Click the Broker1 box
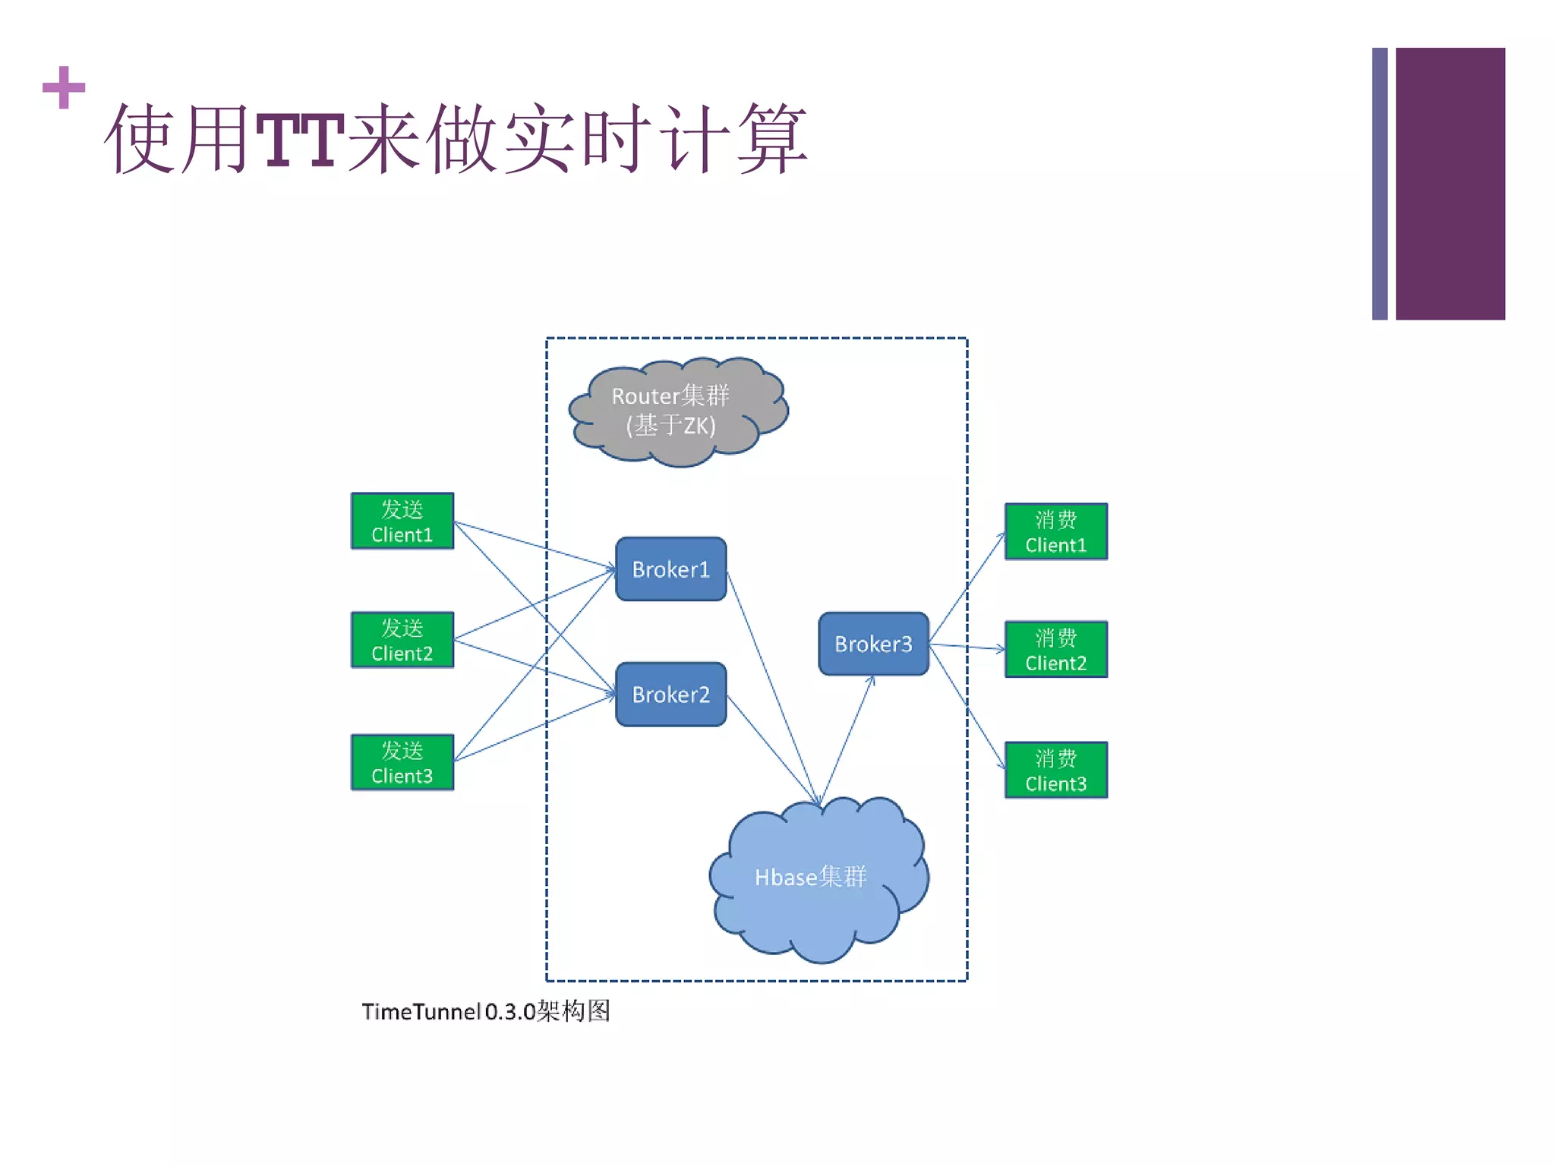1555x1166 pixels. click(x=670, y=569)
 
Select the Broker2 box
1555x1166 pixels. click(x=670, y=694)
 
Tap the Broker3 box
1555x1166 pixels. click(x=873, y=644)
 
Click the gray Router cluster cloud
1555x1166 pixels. click(x=678, y=411)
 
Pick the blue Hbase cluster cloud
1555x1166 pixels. click(x=819, y=881)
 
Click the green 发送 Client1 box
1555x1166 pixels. click(x=402, y=522)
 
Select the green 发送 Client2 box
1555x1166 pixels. click(x=402, y=640)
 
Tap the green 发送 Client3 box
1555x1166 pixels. click(x=402, y=762)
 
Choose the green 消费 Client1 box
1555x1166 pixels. click(x=1055, y=531)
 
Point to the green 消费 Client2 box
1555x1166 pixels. click(x=1055, y=650)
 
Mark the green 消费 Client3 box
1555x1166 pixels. click(x=1055, y=770)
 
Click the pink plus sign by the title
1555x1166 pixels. click(x=64, y=87)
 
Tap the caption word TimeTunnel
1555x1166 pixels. click(x=421, y=1012)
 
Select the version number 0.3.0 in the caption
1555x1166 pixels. click(x=510, y=1012)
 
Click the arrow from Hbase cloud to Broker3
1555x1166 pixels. click(x=847, y=740)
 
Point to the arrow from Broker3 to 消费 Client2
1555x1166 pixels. click(x=967, y=647)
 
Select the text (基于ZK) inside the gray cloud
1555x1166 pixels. click(x=670, y=425)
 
